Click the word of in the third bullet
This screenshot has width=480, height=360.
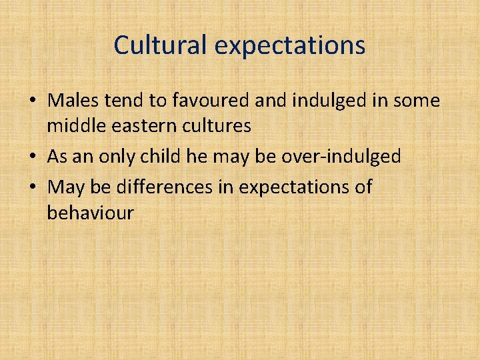(363, 188)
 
